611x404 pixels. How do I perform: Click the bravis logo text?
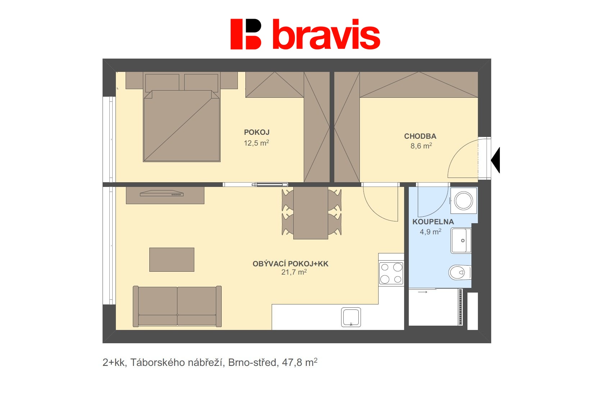[326, 35]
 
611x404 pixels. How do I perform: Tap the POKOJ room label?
[257, 132]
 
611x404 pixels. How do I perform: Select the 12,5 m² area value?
[256, 143]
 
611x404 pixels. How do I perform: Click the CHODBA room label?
[420, 136]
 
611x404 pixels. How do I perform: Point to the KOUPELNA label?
[433, 222]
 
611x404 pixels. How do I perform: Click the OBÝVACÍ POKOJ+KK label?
[290, 264]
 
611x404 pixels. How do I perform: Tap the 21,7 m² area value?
[294, 272]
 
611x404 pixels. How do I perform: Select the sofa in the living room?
[177, 306]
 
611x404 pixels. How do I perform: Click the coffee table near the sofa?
[172, 260]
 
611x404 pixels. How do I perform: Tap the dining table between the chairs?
[311, 213]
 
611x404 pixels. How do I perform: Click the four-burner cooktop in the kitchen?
[391, 273]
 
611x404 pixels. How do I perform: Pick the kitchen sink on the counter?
[351, 317]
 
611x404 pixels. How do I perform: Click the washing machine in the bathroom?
[463, 201]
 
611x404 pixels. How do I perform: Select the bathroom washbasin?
[461, 240]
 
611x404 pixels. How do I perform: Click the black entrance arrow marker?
[496, 160]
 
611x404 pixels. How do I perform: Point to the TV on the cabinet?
[162, 193]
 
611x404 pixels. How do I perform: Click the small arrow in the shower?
[423, 292]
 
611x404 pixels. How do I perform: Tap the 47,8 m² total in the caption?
[299, 362]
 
